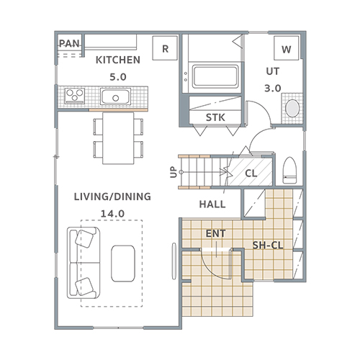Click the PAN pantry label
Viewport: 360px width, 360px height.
(x=69, y=43)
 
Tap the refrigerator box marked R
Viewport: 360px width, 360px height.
(x=165, y=48)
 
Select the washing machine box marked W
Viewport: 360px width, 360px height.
(x=287, y=48)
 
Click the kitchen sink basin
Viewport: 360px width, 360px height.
(x=115, y=96)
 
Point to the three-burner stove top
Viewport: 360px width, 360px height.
(x=75, y=96)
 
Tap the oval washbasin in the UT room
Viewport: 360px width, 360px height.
(x=292, y=109)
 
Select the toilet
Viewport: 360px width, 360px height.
(x=289, y=171)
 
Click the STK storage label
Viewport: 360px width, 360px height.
(x=215, y=117)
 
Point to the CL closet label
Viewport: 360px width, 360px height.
(x=251, y=173)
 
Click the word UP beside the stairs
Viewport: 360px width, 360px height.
(x=174, y=172)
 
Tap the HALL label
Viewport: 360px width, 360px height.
(x=212, y=204)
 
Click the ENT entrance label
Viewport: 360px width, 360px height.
(x=215, y=233)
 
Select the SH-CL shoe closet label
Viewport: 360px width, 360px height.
(x=268, y=246)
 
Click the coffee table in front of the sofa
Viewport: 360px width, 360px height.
(x=123, y=264)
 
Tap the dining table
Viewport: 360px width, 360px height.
(x=118, y=138)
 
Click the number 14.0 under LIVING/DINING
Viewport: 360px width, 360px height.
(x=112, y=213)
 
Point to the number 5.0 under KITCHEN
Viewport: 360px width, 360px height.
(x=118, y=77)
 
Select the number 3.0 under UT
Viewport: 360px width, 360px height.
(x=273, y=89)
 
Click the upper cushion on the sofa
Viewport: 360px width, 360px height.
(x=84, y=238)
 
